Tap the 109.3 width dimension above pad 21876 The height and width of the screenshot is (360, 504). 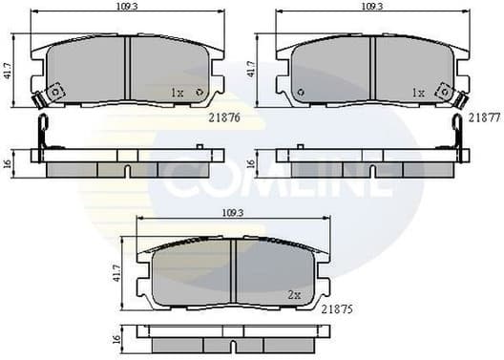[123, 6]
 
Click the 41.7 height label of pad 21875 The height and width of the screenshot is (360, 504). [115, 275]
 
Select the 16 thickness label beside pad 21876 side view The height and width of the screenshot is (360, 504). [9, 162]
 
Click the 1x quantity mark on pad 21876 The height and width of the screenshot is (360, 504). [177, 93]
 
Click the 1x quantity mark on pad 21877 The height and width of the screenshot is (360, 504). [417, 93]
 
